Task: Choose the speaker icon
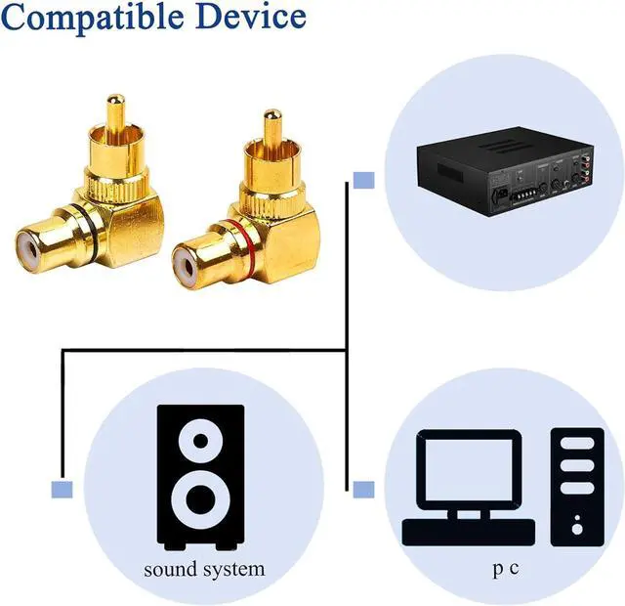point(201,477)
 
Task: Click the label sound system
point(204,568)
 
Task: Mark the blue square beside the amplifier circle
point(363,180)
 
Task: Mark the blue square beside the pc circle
point(363,489)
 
